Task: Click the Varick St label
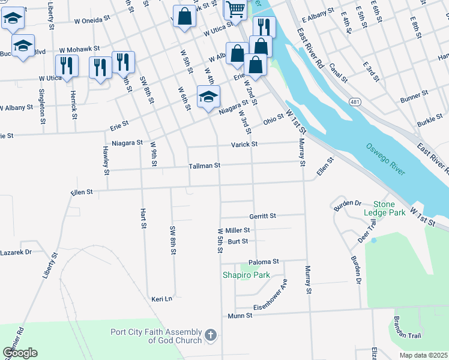coord(245,145)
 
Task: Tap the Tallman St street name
coord(205,166)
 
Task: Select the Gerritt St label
coord(262,216)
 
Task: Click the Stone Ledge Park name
coord(384,209)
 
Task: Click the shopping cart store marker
coord(236,10)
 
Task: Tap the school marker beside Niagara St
coord(208,97)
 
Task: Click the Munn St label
coord(238,316)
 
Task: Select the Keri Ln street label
coord(161,299)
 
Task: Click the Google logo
coord(20,353)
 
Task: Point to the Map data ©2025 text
coord(423,355)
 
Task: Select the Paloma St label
coord(265,262)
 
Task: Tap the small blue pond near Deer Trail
coord(373,240)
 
